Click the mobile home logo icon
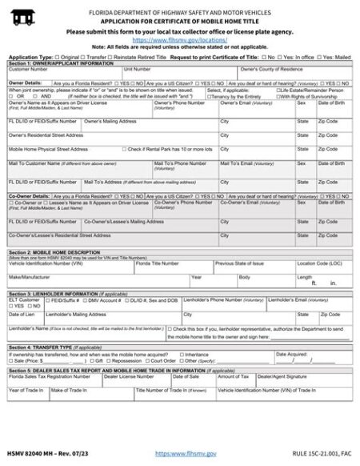tap(17, 16)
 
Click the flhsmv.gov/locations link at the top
tap(179, 38)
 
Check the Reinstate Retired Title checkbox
tap(112, 58)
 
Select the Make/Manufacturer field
tap(96, 281)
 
